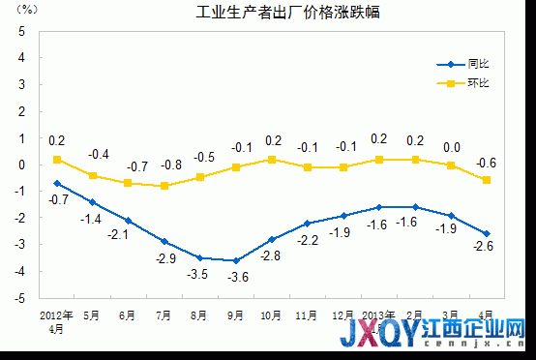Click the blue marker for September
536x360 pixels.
pyautogui.click(x=236, y=260)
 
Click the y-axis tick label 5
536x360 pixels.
pyautogui.click(x=22, y=30)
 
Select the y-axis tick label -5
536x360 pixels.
pyautogui.click(x=20, y=298)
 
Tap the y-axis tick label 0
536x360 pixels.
pyautogui.click(x=22, y=165)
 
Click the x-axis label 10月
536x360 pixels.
pyautogui.click(x=272, y=315)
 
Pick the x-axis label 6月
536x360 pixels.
pyautogui.click(x=128, y=315)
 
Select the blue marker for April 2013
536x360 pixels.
pyautogui.click(x=486, y=233)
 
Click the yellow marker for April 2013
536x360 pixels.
pyautogui.click(x=486, y=179)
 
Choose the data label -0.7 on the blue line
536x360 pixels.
pyautogui.click(x=58, y=199)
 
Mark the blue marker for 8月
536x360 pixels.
pyautogui.click(x=200, y=257)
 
